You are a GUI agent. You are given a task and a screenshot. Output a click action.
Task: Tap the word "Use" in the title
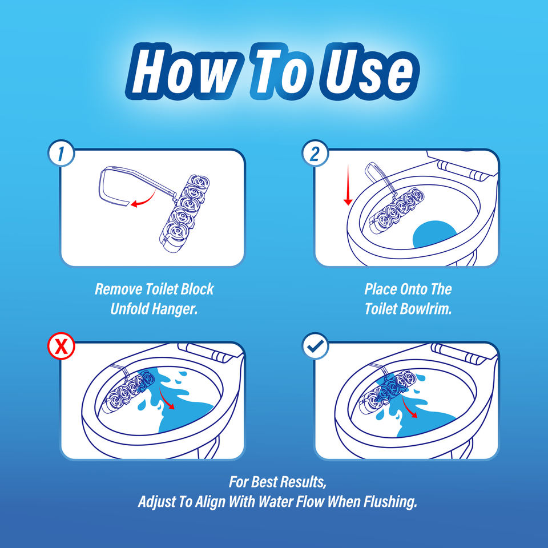pos(370,71)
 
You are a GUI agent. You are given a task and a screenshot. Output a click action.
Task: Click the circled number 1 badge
pos(62,153)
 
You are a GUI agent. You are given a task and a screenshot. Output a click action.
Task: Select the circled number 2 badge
pos(316,153)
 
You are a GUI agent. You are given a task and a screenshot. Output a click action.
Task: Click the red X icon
pos(62,346)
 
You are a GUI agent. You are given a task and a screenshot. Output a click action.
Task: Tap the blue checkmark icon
pos(316,346)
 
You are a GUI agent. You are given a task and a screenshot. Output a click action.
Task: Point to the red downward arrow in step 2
pos(348,185)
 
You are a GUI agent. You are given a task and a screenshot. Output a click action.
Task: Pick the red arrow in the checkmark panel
pos(409,406)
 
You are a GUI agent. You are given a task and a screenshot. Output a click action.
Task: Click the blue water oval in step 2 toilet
pos(434,234)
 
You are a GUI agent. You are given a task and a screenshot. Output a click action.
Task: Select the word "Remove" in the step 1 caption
pos(118,289)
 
